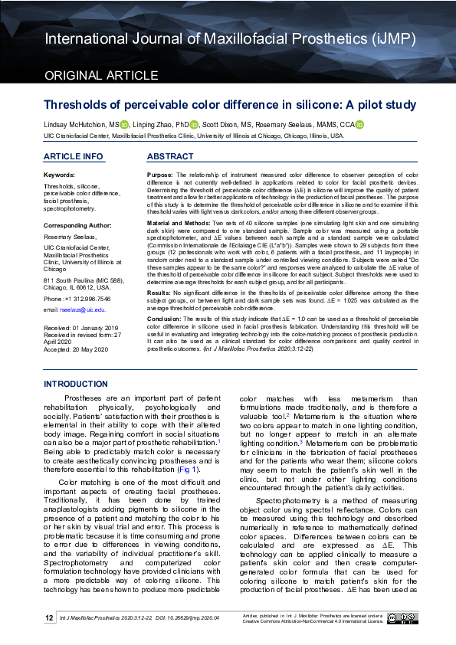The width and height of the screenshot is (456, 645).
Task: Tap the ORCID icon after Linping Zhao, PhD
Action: tap(194, 125)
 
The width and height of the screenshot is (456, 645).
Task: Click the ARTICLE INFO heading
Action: tap(73, 156)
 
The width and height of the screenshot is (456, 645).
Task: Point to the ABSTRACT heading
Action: tap(169, 156)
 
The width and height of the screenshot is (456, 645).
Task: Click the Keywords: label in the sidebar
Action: tap(60, 175)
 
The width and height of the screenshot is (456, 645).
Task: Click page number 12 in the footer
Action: tap(48, 617)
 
